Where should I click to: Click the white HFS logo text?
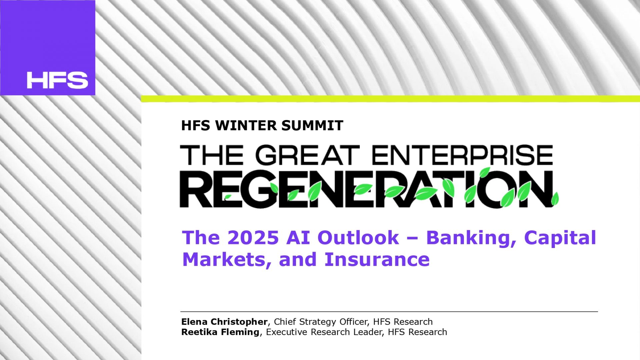(57, 80)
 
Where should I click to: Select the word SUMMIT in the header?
(312, 126)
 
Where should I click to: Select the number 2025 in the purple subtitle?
(253, 238)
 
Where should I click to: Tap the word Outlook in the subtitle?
(358, 238)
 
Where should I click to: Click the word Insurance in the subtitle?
(377, 259)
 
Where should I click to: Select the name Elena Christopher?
(224, 322)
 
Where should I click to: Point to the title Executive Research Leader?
(324, 332)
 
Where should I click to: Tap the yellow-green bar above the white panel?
(390, 99)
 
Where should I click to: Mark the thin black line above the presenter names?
(389, 312)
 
